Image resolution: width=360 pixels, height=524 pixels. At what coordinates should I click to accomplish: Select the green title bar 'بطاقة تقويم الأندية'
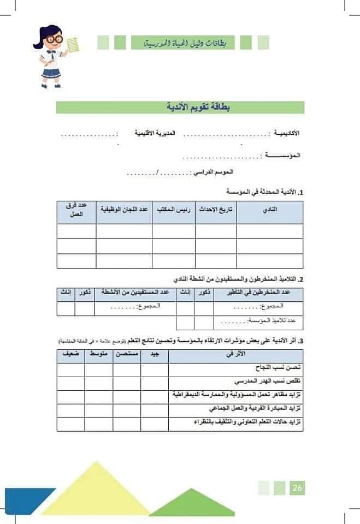coord(180,107)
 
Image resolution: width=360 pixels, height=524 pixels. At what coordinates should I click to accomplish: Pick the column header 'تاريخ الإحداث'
coord(216,210)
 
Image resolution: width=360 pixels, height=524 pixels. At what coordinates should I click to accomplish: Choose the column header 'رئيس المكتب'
coord(173,210)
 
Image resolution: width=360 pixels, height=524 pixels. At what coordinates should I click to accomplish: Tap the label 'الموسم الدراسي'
coord(214,172)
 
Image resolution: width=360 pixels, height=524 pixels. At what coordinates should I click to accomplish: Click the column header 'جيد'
coord(155,354)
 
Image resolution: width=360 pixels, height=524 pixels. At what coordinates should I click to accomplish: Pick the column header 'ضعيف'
coord(70,354)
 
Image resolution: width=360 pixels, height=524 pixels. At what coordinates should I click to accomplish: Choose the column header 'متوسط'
coord(99,354)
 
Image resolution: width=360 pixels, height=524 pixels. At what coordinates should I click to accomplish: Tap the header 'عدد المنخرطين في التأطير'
coord(258,293)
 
